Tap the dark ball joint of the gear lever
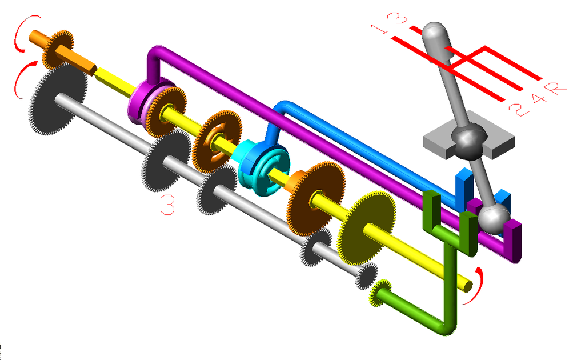(x=469, y=139)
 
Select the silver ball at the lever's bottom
(x=494, y=219)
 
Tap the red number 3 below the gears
(x=167, y=205)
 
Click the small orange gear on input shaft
(x=57, y=49)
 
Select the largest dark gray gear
(x=58, y=99)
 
